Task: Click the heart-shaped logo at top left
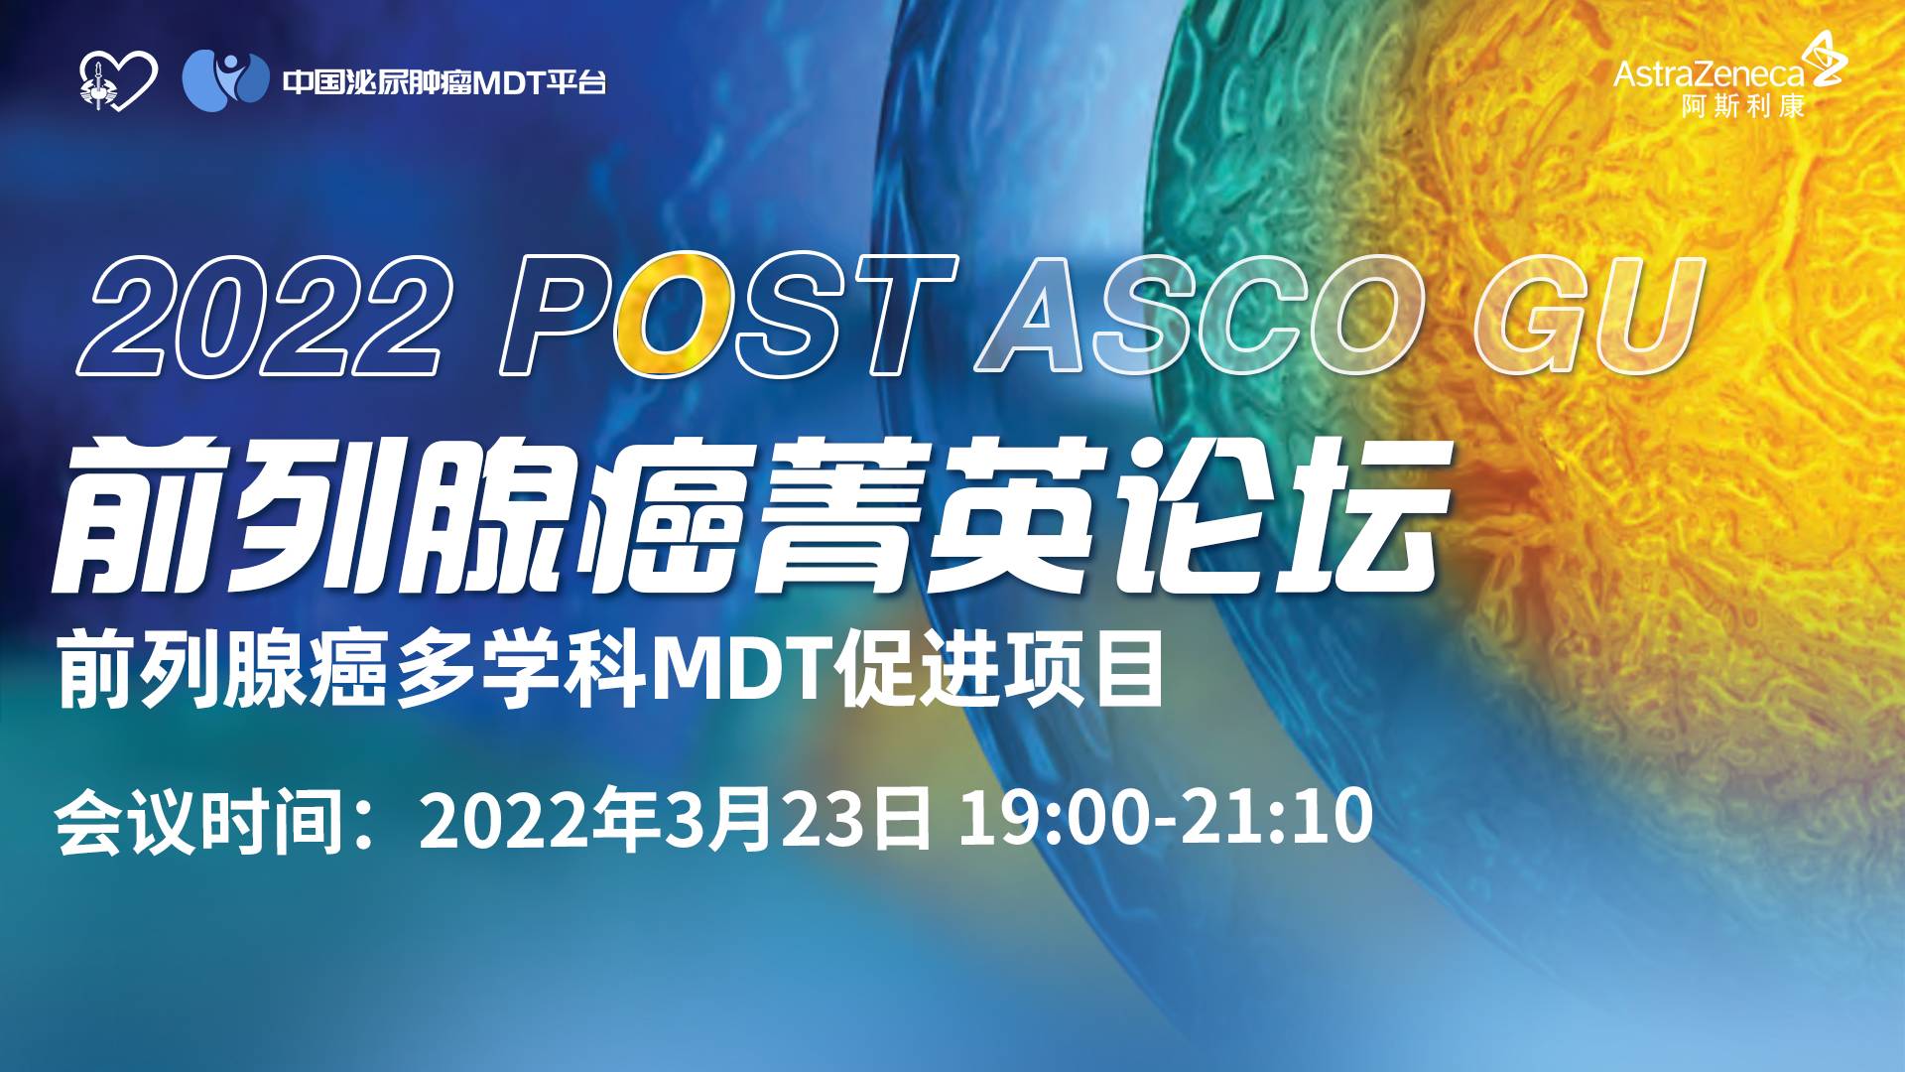118,81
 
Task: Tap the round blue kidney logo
226,80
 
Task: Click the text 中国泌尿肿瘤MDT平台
444,82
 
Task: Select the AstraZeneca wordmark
1709,74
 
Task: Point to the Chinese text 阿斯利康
1742,106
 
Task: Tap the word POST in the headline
727,316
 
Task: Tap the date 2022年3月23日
676,820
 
